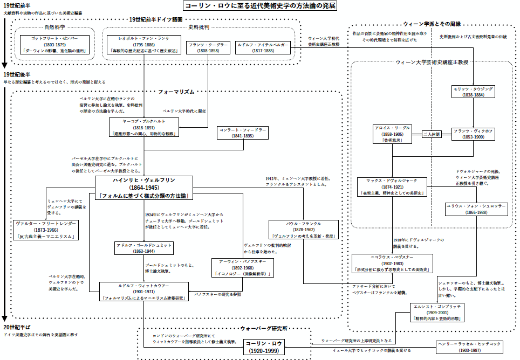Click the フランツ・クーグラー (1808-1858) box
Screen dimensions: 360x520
point(208,47)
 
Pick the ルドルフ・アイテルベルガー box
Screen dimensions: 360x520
point(263,47)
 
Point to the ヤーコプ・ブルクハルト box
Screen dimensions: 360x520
point(143,127)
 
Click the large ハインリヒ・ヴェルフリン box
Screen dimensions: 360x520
point(143,188)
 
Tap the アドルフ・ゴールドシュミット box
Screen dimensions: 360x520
point(143,248)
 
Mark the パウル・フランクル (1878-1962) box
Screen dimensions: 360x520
point(305,230)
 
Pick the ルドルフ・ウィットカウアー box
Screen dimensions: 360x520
point(143,291)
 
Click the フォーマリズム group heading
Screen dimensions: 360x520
point(173,92)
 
